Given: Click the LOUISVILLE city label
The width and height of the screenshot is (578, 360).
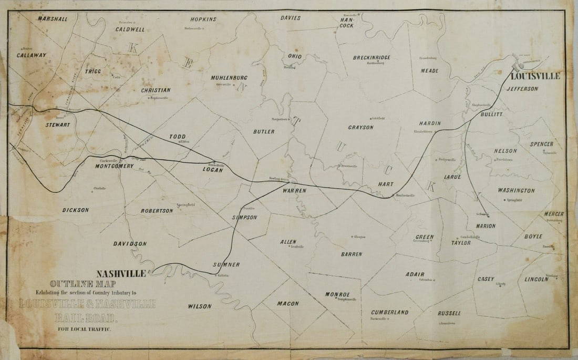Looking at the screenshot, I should (x=539, y=76).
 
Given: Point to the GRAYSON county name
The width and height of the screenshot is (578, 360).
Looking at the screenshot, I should (x=360, y=127).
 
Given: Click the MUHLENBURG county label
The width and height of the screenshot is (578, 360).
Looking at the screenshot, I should (x=229, y=78).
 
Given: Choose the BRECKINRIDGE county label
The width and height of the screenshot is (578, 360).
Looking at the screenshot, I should (x=371, y=57).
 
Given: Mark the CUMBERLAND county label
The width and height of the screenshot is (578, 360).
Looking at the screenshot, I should (x=389, y=312).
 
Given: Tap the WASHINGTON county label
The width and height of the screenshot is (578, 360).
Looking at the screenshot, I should (x=516, y=190).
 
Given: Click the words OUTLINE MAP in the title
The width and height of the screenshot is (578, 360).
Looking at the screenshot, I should (x=78, y=284).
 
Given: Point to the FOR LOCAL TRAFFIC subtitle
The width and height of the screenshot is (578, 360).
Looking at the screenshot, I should (x=85, y=330).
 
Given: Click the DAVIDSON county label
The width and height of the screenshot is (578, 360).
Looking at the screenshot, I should (x=130, y=244).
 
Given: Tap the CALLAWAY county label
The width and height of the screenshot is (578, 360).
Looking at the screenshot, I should (x=32, y=55).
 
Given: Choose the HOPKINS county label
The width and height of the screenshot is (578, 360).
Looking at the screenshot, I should (x=203, y=19).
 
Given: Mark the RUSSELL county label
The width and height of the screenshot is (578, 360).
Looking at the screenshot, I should (x=449, y=313).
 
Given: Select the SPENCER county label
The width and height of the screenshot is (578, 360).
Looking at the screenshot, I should (x=542, y=144).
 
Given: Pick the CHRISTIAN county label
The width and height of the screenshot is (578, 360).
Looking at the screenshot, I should (x=156, y=90).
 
